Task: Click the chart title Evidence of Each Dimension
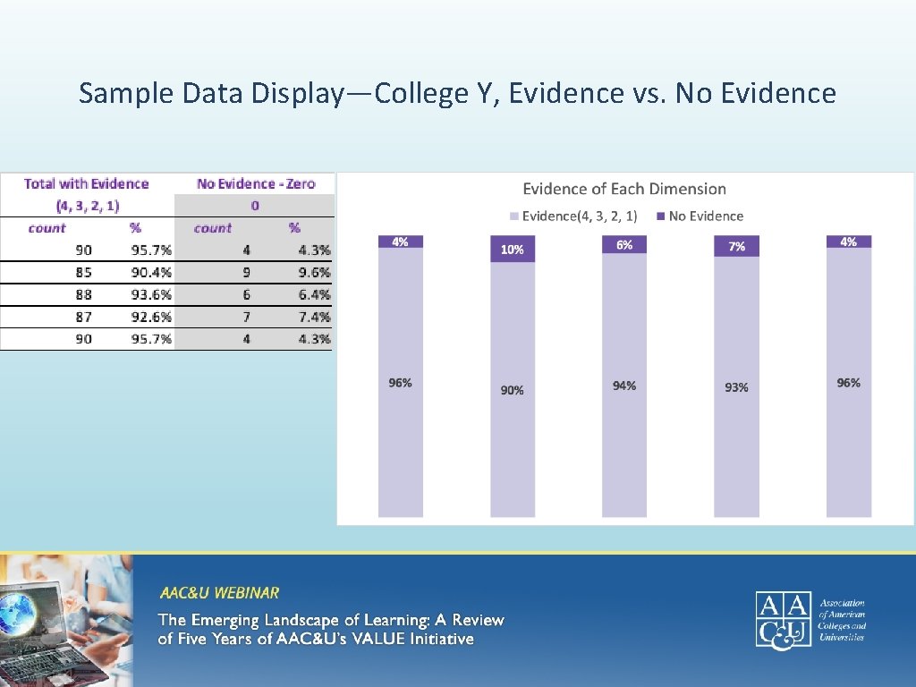(x=623, y=189)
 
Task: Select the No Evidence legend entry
(x=705, y=216)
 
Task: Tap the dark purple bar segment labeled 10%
(x=513, y=250)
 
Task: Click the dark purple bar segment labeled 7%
(x=736, y=246)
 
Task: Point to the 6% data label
(x=624, y=244)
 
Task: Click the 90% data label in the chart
(x=513, y=390)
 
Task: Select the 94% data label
(x=624, y=386)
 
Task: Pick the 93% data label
(x=736, y=387)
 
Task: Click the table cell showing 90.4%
(x=151, y=273)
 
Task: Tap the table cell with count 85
(x=83, y=273)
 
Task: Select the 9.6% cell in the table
(x=314, y=273)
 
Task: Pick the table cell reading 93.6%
(x=151, y=295)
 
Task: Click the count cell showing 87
(x=83, y=317)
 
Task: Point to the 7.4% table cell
(x=314, y=317)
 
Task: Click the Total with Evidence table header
(x=87, y=183)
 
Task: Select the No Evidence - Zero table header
(x=256, y=183)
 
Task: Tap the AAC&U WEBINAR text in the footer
(x=219, y=592)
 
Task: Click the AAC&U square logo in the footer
(x=783, y=618)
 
